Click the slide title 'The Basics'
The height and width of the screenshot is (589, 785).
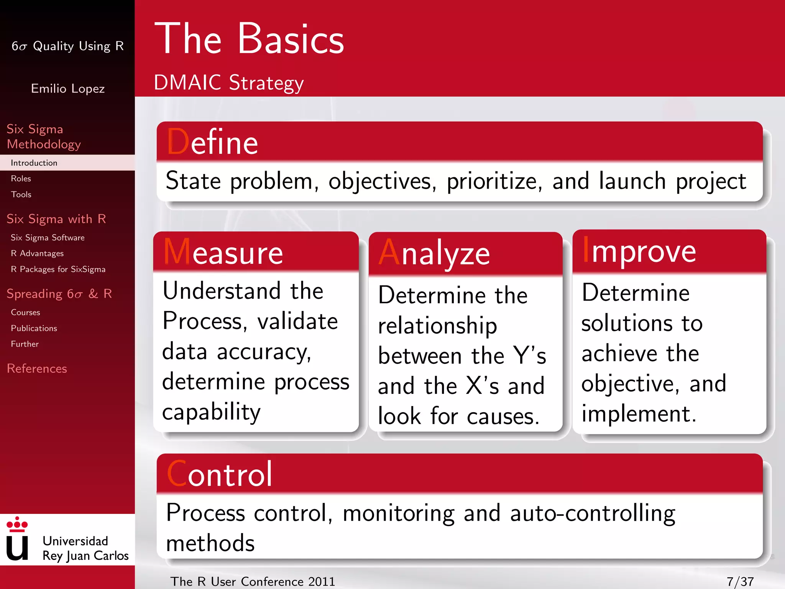(249, 39)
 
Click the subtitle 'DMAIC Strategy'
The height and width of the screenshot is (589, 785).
(229, 82)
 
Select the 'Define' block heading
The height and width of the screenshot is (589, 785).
(212, 142)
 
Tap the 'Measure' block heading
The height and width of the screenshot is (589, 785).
(223, 252)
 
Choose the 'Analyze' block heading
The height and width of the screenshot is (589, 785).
(434, 253)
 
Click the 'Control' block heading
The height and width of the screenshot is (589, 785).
(220, 474)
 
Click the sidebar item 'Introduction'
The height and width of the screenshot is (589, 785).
(34, 163)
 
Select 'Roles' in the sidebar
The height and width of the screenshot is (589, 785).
(21, 179)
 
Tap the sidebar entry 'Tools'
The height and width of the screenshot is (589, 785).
(21, 194)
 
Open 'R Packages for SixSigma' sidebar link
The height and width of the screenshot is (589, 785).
(58, 269)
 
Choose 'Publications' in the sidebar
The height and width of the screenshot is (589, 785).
(34, 328)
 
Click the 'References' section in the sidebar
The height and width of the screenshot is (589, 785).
(37, 369)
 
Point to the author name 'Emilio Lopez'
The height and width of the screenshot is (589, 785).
(68, 89)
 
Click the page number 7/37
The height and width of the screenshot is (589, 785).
(740, 581)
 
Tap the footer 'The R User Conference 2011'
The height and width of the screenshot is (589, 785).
(253, 581)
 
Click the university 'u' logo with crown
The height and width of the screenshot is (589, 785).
(17, 539)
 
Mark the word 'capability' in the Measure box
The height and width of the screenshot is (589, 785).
(211, 413)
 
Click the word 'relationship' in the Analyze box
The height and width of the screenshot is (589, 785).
(437, 326)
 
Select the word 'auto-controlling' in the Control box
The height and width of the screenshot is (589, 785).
(593, 513)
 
